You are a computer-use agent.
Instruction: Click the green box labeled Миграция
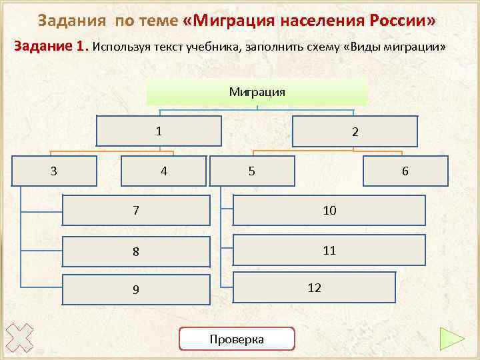pos(257,92)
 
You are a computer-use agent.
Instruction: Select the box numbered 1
pos(159,131)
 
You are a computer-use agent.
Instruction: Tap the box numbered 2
pos(355,132)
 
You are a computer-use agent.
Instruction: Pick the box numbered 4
pos(163,171)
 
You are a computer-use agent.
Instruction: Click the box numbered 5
pos(251,171)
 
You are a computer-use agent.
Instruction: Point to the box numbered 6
pos(405,171)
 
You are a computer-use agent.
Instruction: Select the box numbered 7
pos(135,211)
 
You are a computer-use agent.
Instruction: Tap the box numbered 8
pos(135,252)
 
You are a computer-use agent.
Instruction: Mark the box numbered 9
pos(135,289)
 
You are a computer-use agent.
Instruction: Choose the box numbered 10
pos(329,211)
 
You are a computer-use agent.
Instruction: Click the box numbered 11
pos(329,251)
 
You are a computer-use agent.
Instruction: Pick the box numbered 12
pos(314,287)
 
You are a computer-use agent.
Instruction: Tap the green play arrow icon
pos(452,339)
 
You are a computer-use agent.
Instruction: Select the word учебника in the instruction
pos(215,47)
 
